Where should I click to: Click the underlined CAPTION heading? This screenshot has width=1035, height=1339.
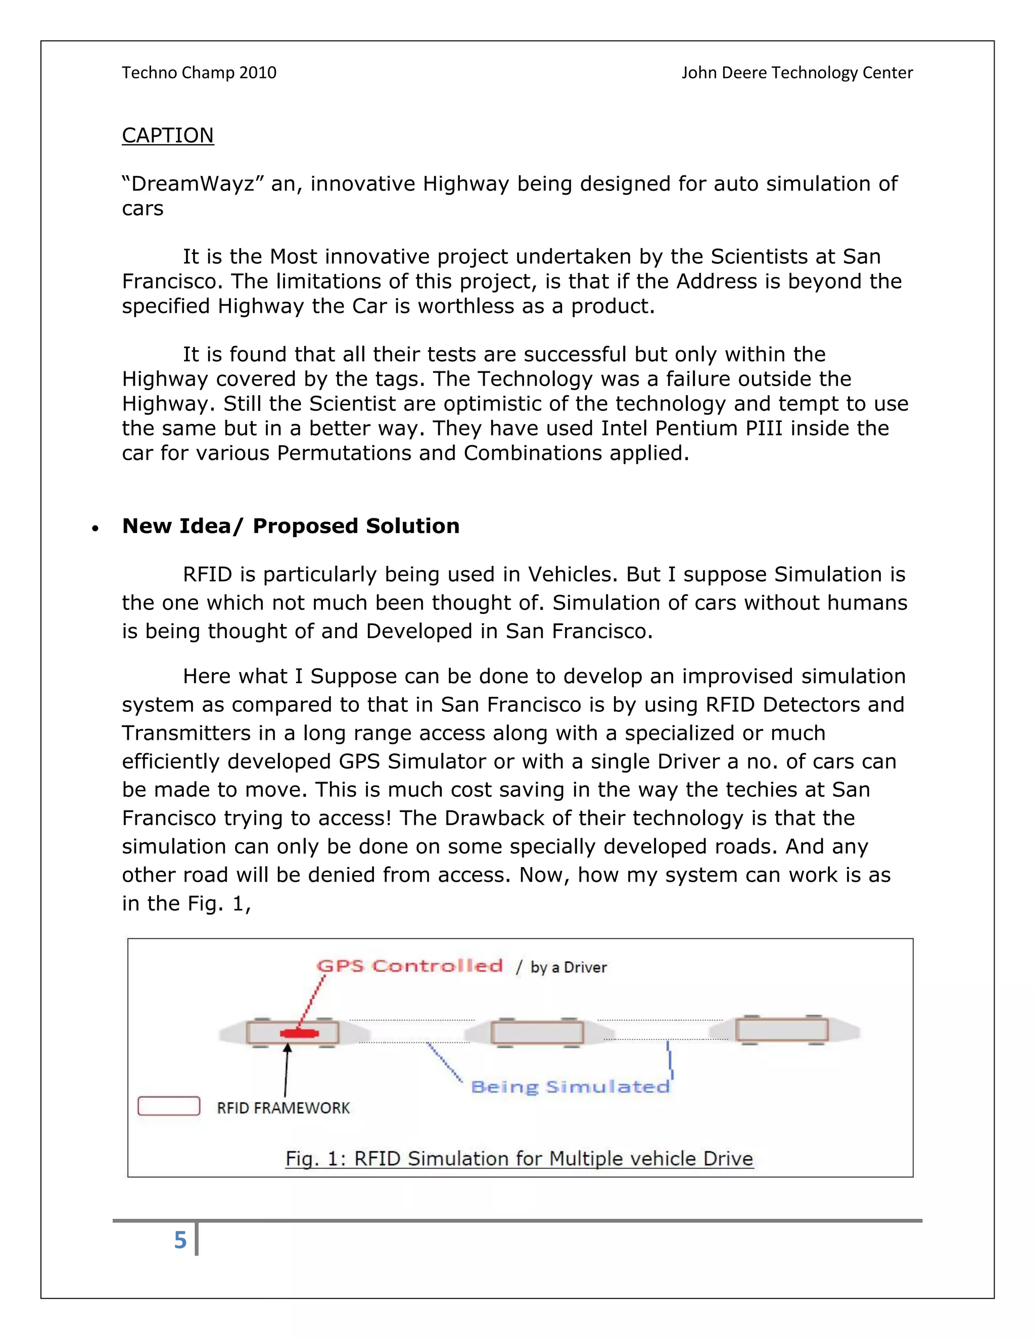point(167,135)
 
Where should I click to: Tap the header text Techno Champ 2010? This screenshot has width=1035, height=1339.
point(199,73)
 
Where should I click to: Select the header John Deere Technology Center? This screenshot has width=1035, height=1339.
point(796,73)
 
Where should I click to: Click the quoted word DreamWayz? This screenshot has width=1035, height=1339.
point(188,184)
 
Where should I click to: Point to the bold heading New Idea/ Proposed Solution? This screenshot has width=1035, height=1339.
point(291,526)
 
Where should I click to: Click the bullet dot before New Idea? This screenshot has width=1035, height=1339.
point(95,529)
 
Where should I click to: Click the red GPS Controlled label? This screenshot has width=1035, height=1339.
point(409,966)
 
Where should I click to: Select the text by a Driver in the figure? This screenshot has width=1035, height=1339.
point(569,968)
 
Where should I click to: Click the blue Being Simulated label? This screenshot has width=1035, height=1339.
point(570,1087)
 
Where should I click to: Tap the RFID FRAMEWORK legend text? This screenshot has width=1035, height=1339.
point(284,1108)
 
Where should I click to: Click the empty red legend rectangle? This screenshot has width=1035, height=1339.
point(169,1106)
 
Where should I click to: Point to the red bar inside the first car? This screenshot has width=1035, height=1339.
point(299,1034)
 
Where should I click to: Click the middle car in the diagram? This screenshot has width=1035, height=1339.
point(537,1032)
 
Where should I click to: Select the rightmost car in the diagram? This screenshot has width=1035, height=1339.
point(782,1030)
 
